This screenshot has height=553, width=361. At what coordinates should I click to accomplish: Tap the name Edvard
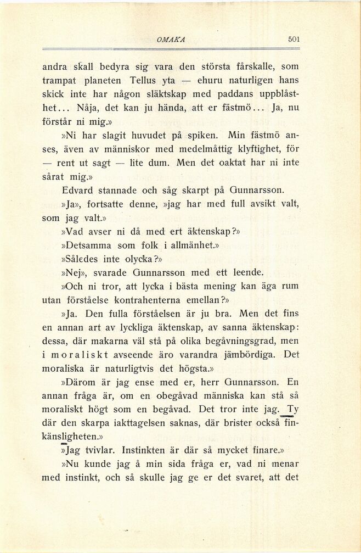coord(82,190)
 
